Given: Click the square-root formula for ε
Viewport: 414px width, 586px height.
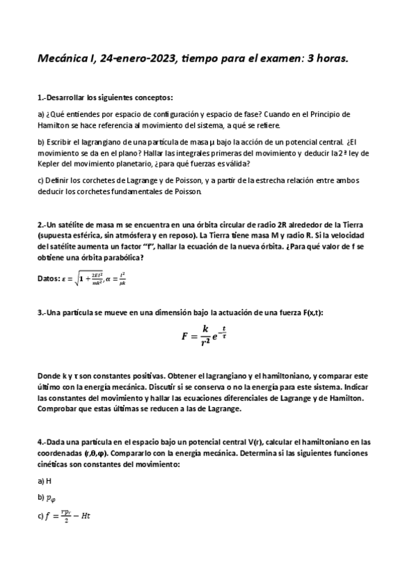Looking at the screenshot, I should [x=86, y=278].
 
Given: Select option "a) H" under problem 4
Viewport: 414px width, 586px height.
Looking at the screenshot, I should [x=45, y=480].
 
